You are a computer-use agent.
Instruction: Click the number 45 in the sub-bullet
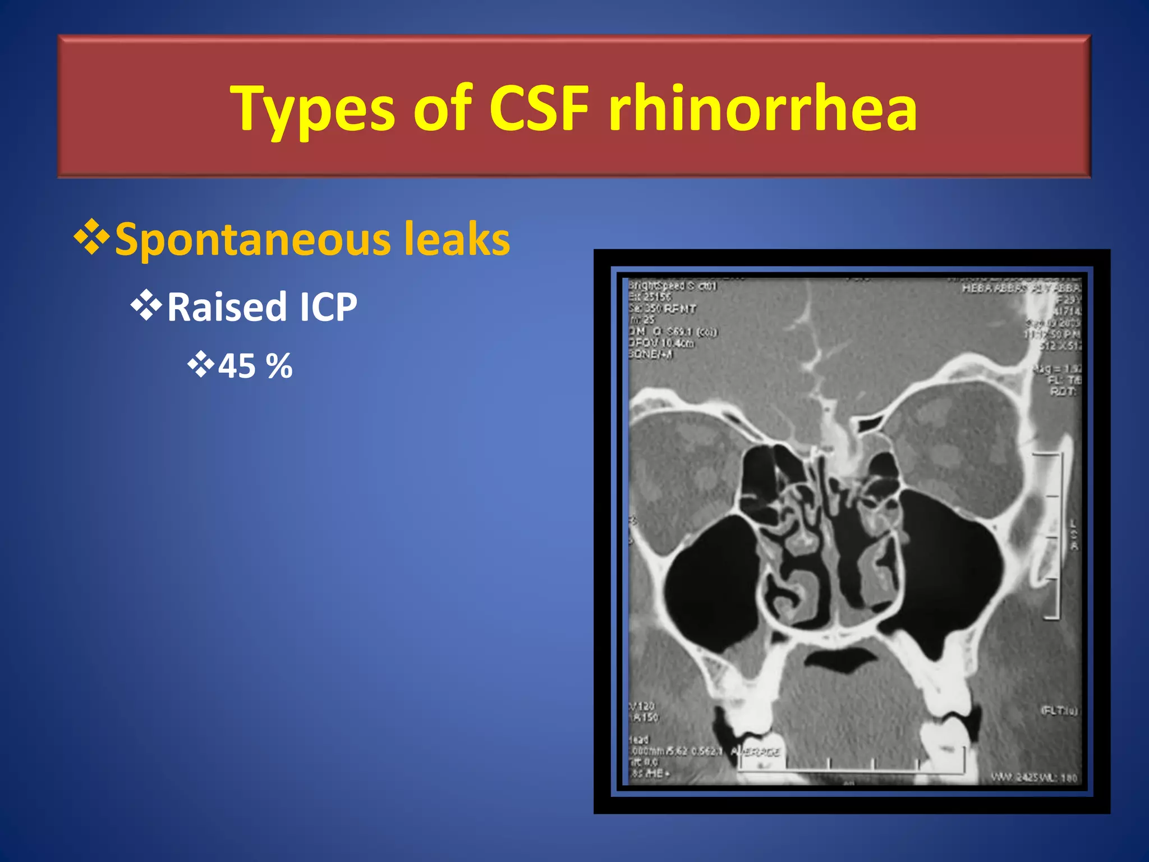click(237, 366)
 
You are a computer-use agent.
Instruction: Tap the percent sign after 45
click(279, 366)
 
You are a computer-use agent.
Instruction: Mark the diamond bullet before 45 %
click(200, 365)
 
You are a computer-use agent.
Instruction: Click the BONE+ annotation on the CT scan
click(651, 354)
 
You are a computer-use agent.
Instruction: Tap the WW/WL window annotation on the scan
click(1033, 778)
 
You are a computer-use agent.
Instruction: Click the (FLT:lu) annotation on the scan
click(1059, 710)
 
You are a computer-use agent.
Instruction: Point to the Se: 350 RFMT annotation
click(662, 309)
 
